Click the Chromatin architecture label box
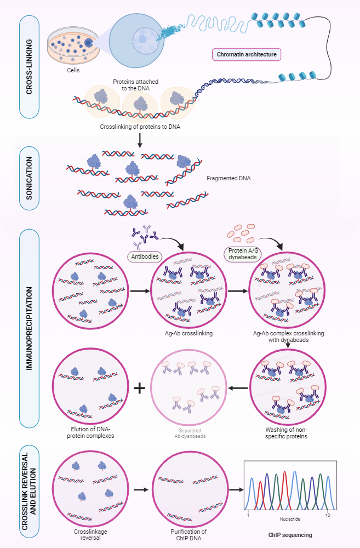tap(247, 54)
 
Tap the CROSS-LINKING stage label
tap(29, 66)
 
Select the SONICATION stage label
tap(29, 183)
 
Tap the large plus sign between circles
tap(140, 387)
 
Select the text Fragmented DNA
tap(228, 178)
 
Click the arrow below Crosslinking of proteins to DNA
tap(140, 140)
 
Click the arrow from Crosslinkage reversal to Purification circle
tap(141, 489)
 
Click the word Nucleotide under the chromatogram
tap(289, 518)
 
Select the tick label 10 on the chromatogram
tap(328, 516)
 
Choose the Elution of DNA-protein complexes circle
tap(90, 388)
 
